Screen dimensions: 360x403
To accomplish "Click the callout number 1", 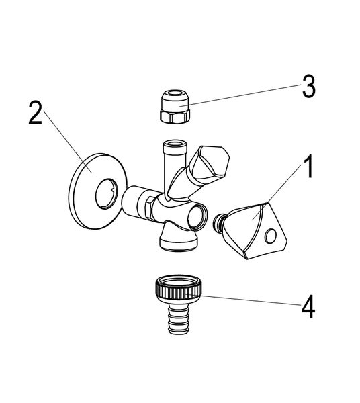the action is (x=309, y=167).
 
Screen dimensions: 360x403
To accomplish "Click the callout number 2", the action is (x=35, y=112).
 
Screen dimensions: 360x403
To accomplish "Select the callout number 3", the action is (x=308, y=86).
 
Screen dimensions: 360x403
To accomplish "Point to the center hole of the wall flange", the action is (x=107, y=193).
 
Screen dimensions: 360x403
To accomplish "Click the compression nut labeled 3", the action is (x=175, y=107).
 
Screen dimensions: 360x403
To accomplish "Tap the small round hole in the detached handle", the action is (x=271, y=236).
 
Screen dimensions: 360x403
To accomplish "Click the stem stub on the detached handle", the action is (x=218, y=222).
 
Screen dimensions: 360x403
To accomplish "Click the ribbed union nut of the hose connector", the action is (x=178, y=289).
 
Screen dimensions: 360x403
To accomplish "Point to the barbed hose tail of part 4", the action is (x=179, y=318).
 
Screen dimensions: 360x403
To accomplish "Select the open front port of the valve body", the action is (x=197, y=216).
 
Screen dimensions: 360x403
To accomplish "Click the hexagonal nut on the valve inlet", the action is (x=149, y=208).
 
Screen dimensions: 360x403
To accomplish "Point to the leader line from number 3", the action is (x=240, y=95).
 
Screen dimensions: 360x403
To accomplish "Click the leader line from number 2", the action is (x=68, y=141).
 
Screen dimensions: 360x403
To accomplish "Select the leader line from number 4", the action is (x=243, y=299).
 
